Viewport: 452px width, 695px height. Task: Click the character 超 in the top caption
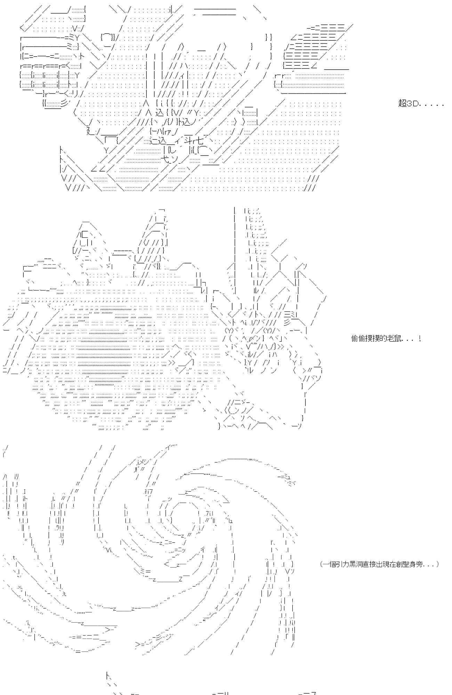403,104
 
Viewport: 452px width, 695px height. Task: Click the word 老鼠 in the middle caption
391,338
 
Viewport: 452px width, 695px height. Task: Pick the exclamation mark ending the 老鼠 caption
420,338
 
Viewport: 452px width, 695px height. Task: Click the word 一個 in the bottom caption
329,564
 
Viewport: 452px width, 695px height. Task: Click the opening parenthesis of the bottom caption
321,564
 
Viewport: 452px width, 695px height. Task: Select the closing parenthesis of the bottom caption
437,564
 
